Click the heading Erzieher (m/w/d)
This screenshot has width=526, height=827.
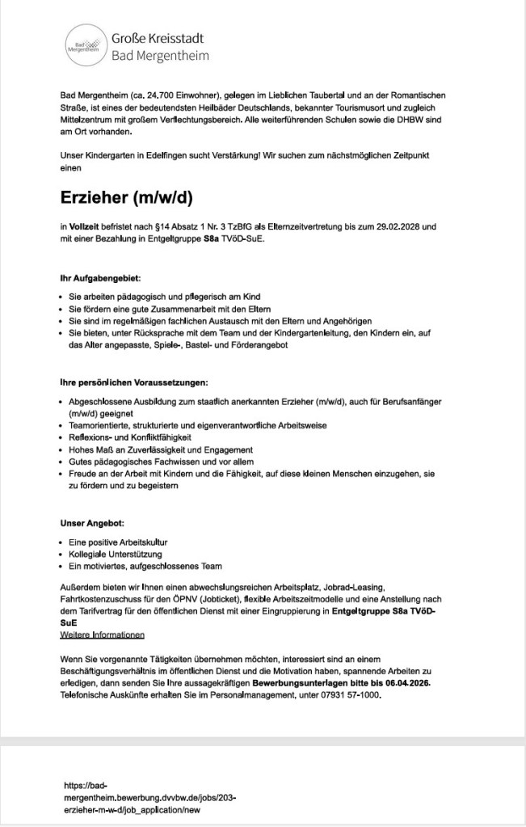(x=127, y=197)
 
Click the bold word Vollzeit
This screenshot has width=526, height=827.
(x=87, y=227)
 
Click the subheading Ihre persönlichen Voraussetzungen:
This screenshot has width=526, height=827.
(x=135, y=381)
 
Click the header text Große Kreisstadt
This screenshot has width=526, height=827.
(x=158, y=38)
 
